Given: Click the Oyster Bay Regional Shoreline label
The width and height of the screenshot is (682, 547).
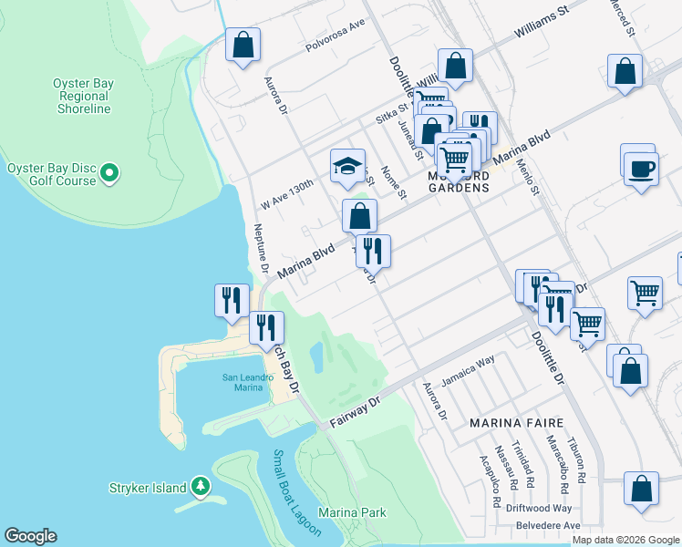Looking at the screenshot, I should (x=83, y=96).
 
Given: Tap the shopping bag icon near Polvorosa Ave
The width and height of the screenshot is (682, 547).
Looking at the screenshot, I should (x=243, y=45).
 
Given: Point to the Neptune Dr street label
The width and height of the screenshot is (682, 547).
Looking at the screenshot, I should (x=259, y=250).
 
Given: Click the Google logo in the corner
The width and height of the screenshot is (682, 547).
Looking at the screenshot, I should (x=30, y=536).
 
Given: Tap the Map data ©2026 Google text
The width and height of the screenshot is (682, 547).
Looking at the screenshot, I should (x=625, y=541).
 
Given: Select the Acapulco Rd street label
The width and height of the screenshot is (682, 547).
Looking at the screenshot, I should (x=495, y=483).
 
